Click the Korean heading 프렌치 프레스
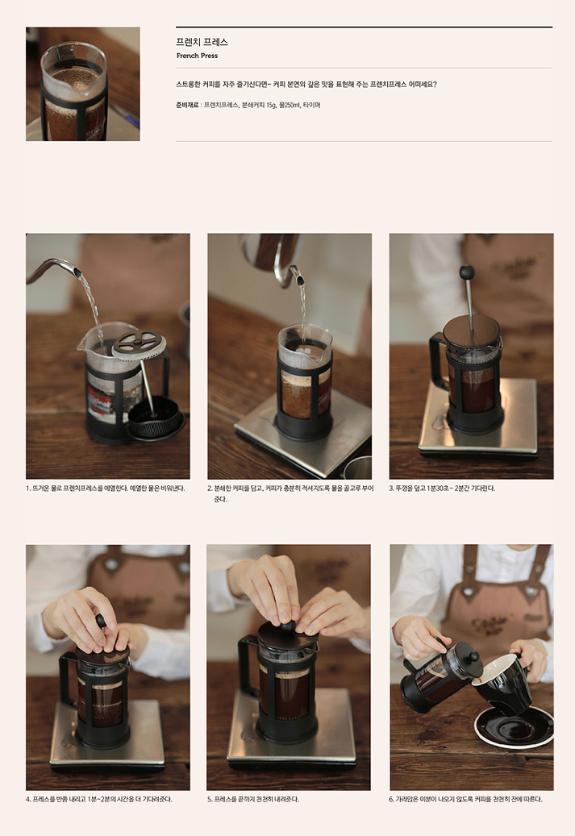point(202,42)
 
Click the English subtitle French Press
point(197,56)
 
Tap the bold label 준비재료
point(187,105)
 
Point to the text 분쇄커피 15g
point(259,105)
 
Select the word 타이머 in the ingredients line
point(311,105)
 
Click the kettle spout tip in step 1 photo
point(77,272)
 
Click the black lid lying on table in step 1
point(156,419)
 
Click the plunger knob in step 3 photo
point(467,272)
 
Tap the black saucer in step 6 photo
point(514,726)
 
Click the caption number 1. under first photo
point(28,489)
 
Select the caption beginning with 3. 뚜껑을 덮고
point(442,489)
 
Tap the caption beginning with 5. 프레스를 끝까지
point(253,799)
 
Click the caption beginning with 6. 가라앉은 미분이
point(465,799)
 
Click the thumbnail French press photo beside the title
point(83,84)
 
